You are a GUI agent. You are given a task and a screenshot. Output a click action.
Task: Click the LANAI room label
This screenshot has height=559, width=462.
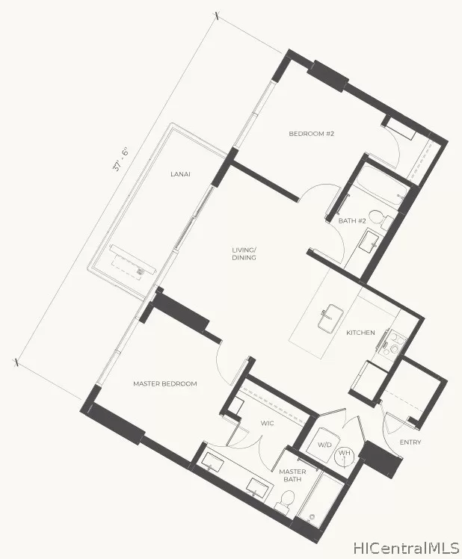coord(179,174)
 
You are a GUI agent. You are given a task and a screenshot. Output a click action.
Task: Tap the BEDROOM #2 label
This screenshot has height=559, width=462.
coord(311,134)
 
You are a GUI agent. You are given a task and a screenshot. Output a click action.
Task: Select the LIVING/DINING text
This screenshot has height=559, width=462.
coord(244,253)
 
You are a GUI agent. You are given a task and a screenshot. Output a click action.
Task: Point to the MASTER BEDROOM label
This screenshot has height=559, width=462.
coord(164,383)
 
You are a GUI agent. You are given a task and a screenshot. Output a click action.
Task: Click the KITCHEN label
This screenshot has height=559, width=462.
coord(360,333)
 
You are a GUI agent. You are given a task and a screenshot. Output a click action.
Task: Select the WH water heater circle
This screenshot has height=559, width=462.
coord(345,454)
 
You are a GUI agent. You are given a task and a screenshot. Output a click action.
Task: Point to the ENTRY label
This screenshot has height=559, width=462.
coord(410,442)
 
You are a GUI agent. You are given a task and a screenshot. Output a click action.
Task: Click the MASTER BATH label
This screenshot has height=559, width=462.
coord(292,476)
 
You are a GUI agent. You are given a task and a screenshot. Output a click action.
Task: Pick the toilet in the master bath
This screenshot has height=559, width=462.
coord(284,502)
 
